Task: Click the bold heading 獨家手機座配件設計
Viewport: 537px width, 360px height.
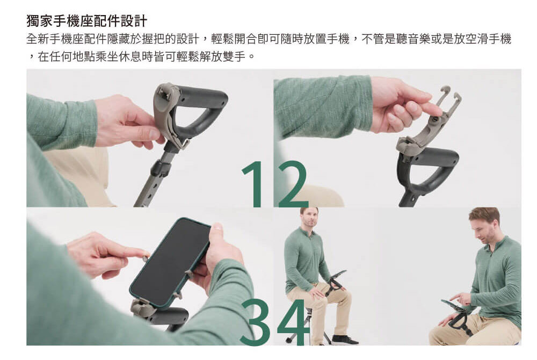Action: pyautogui.click(x=86, y=20)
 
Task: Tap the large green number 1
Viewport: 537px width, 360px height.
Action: pyautogui.click(x=254, y=184)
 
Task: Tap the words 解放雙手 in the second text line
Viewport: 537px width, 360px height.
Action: pyautogui.click(x=223, y=56)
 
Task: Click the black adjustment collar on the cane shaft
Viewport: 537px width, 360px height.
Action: pyautogui.click(x=160, y=168)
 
